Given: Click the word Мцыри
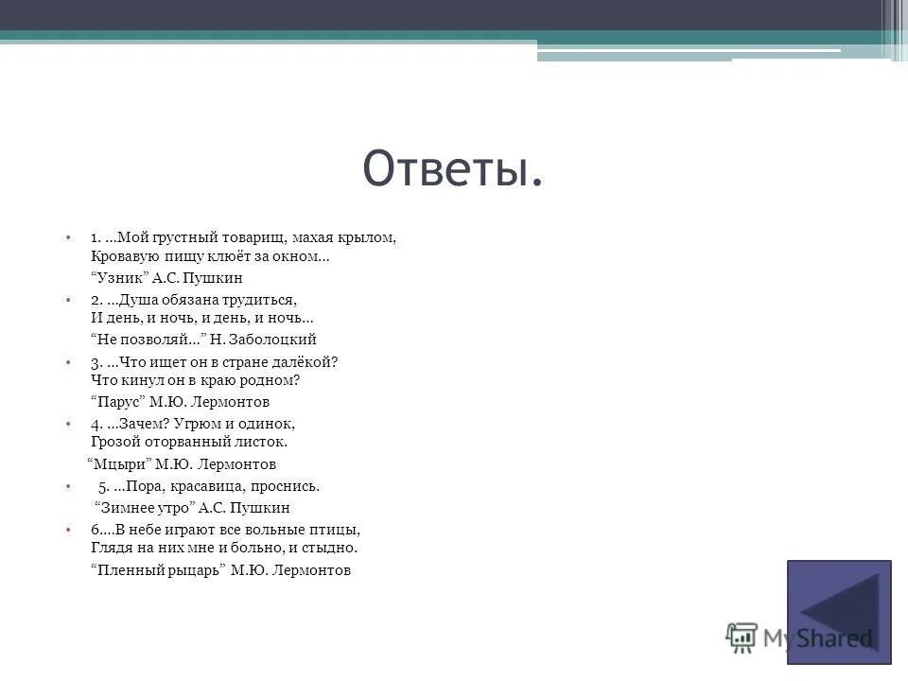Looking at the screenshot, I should pos(120,464).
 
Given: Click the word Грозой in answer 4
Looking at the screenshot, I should pos(113,442).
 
